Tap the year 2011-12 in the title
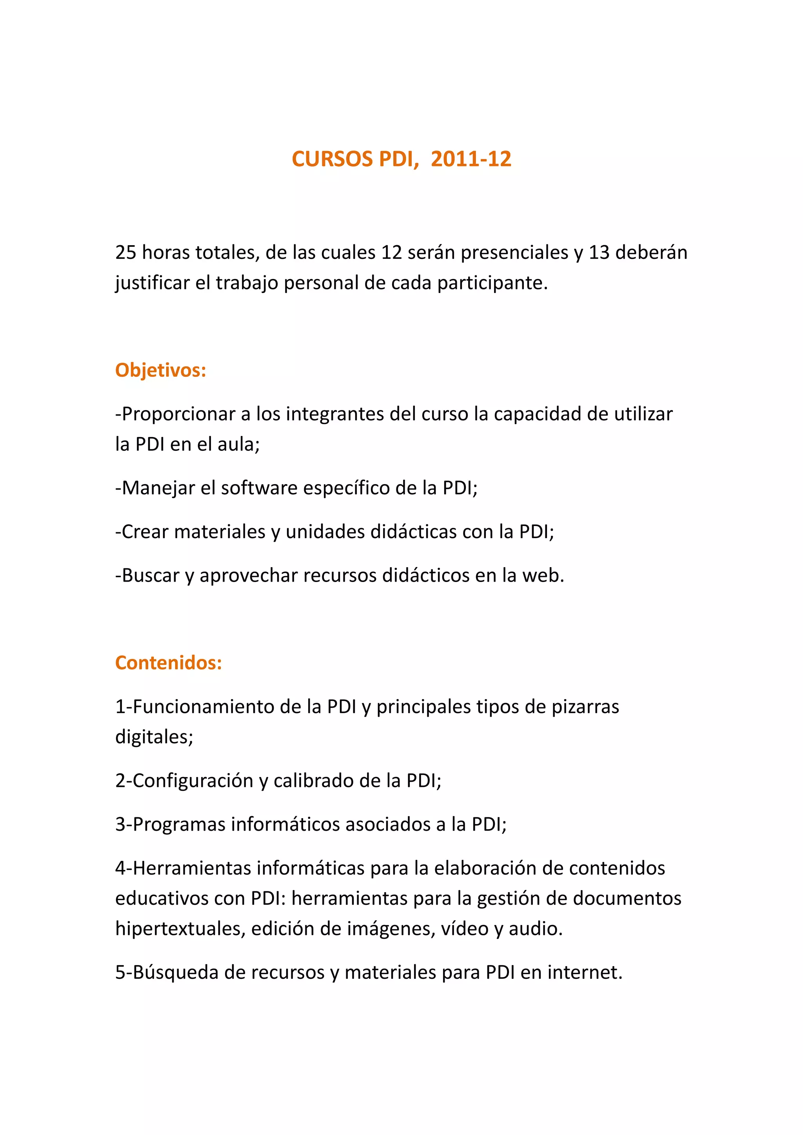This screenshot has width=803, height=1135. [x=471, y=159]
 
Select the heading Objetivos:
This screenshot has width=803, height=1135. [x=160, y=370]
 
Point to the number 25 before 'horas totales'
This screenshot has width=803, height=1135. [x=126, y=253]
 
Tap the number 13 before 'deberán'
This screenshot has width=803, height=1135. [x=599, y=253]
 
